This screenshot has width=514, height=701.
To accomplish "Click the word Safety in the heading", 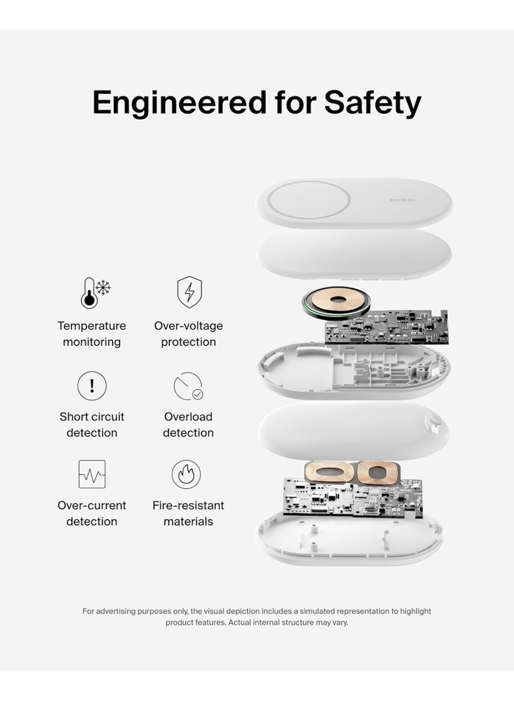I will pos(373,103).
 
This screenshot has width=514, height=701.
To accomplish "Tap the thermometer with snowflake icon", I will pos(94,292).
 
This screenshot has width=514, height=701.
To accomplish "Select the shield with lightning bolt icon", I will pos(189,292).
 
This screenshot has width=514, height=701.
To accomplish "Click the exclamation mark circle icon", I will pos(92,386).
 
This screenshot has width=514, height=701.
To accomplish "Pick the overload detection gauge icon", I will pos(188,386).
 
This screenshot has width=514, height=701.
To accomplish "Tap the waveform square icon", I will pos(92,474).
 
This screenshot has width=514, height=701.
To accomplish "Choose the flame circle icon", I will pos(186,474).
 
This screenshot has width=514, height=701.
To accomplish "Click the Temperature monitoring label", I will pos(92,334).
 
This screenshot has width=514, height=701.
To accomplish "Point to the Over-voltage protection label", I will pos(188,334).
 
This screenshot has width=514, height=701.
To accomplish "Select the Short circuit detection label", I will pos(92,425).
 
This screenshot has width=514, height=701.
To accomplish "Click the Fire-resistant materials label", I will pos(188,513).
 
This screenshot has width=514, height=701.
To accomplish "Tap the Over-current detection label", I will pos(92,513).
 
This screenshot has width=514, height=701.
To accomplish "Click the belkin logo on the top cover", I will pos(402,200).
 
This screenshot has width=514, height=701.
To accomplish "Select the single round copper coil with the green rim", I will pos(337,302).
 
